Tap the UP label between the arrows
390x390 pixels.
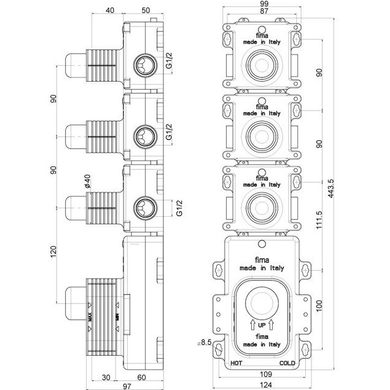coord(262,324)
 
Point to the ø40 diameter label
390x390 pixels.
coord(87,183)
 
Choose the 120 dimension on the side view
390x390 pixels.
coord(54,252)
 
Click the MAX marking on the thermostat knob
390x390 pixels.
coord(90,316)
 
